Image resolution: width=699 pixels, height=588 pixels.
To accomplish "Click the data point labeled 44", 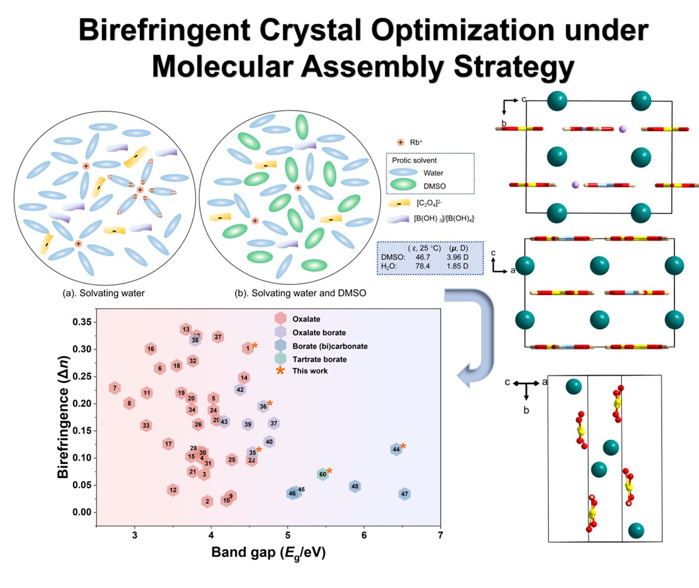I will [396, 449].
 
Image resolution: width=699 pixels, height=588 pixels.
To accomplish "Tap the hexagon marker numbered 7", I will [115, 388].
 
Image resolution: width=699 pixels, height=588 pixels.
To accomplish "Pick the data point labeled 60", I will [322, 474].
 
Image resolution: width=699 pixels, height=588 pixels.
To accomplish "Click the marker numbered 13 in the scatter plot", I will [186, 329].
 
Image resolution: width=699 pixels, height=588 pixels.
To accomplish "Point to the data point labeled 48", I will [355, 486].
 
